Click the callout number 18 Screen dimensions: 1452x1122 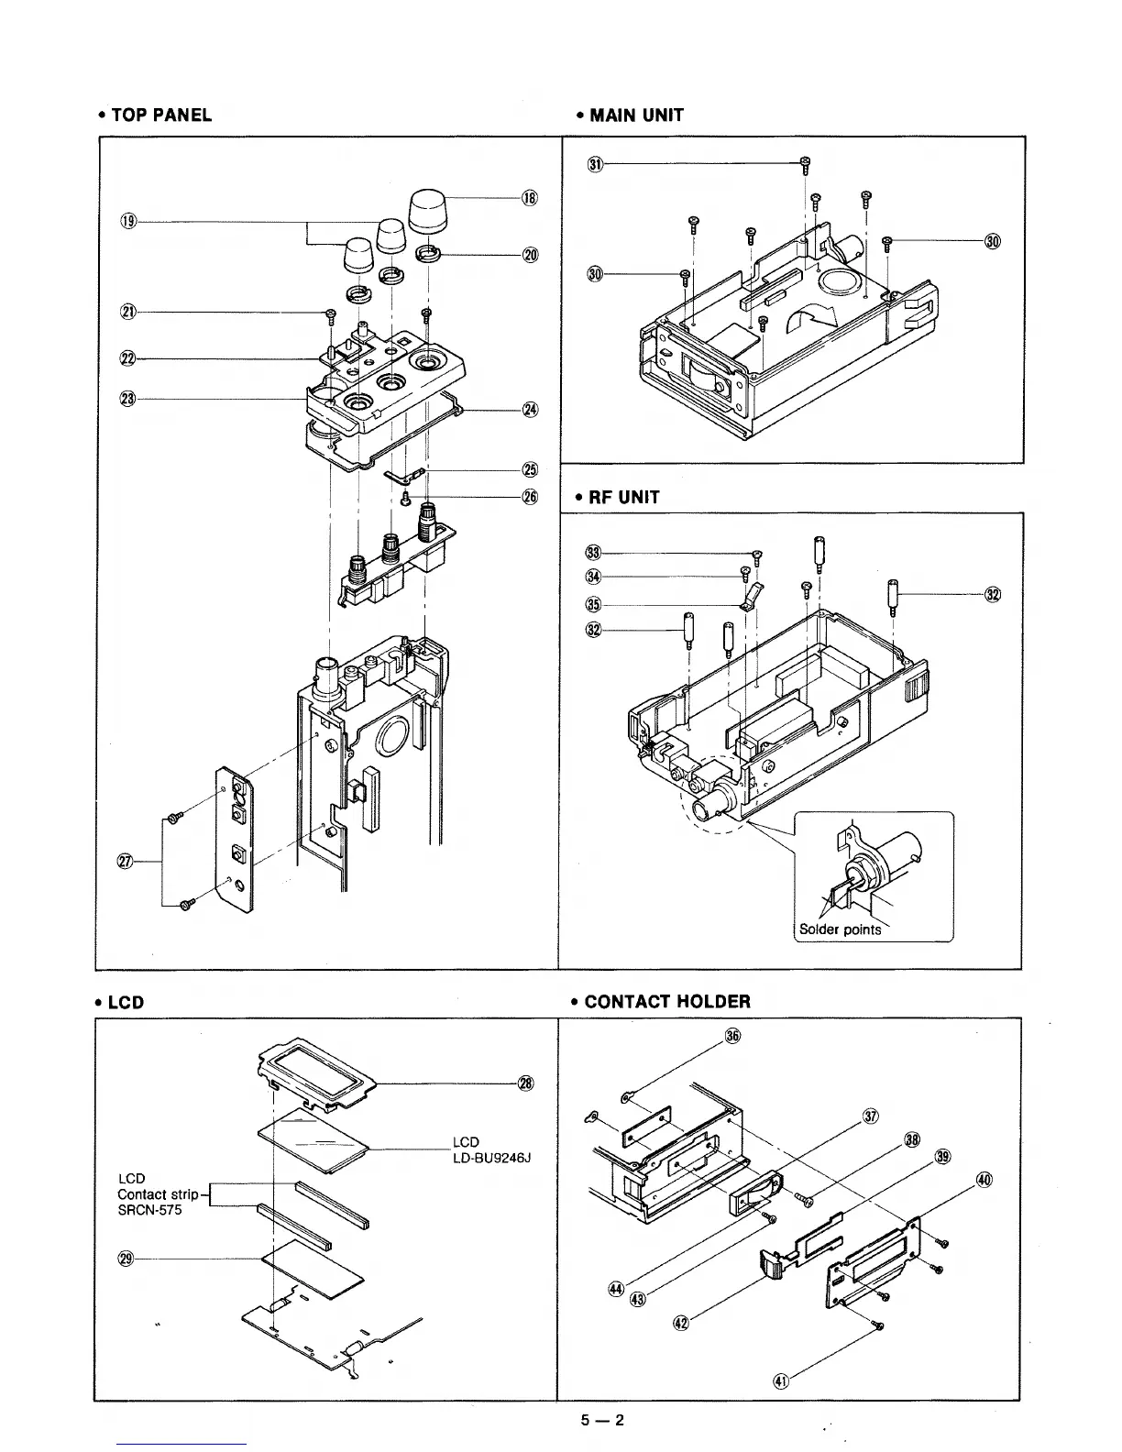point(529,197)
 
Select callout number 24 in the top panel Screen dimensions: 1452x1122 point(529,409)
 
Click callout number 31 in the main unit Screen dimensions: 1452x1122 point(595,165)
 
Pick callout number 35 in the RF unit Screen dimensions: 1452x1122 point(593,604)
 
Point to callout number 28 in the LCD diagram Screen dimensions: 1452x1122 point(525,1083)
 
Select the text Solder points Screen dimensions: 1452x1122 point(840,929)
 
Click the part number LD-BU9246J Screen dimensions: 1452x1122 point(492,1158)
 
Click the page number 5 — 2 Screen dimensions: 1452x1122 point(601,1421)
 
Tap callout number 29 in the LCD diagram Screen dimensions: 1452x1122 point(127,1258)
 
